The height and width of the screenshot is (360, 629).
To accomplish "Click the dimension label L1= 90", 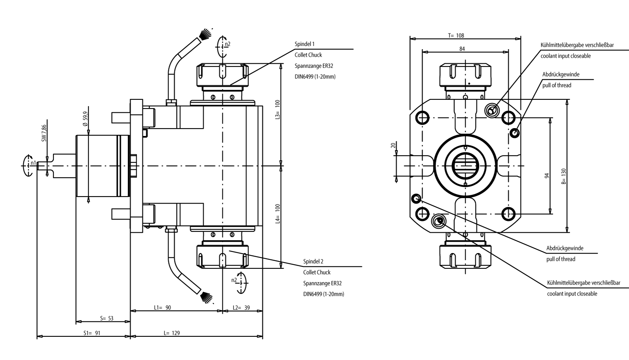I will coord(162,307).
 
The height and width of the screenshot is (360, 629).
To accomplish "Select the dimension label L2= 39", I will coord(241,307).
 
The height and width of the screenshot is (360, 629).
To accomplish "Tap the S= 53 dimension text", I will coord(107,318).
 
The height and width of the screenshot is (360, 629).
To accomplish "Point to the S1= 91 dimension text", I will coord(92,333).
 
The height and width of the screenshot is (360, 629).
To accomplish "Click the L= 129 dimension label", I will coord(172,333).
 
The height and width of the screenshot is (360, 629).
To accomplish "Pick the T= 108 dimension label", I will coord(456,35).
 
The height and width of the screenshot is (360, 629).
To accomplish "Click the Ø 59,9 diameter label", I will coord(85,118).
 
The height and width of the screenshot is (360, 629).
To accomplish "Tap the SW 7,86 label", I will coord(44,133).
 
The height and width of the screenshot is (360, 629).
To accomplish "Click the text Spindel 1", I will coord(305,44).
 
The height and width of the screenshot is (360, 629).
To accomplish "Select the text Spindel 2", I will coord(313,261).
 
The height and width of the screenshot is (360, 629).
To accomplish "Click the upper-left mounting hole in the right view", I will coord(423,117).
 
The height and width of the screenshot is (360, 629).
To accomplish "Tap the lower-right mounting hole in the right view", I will coord(508,214).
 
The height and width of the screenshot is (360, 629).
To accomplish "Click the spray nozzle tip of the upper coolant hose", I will coord(205,34).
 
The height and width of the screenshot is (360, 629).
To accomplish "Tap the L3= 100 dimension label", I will coord(278,110).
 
